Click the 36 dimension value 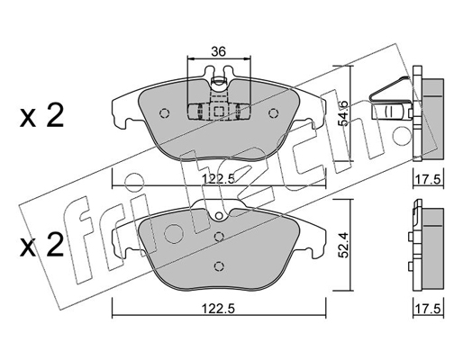(x=218, y=51)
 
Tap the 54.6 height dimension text (x=343, y=112)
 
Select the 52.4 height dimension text (x=343, y=245)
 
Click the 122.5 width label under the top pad (x=218, y=179)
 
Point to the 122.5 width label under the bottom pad (x=218, y=308)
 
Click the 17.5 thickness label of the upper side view (x=429, y=179)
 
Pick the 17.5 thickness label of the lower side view (x=429, y=308)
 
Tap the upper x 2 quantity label (x=41, y=116)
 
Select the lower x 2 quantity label (x=41, y=246)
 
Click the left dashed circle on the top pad (x=164, y=113)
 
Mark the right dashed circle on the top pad (x=273, y=113)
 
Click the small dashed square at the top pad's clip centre (x=218, y=112)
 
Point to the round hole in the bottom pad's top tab (x=219, y=215)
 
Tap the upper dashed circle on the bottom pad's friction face (x=219, y=237)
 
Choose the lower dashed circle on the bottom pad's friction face (x=219, y=265)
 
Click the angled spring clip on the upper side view (x=390, y=89)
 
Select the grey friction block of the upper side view (x=432, y=118)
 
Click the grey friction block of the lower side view (x=432, y=249)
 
